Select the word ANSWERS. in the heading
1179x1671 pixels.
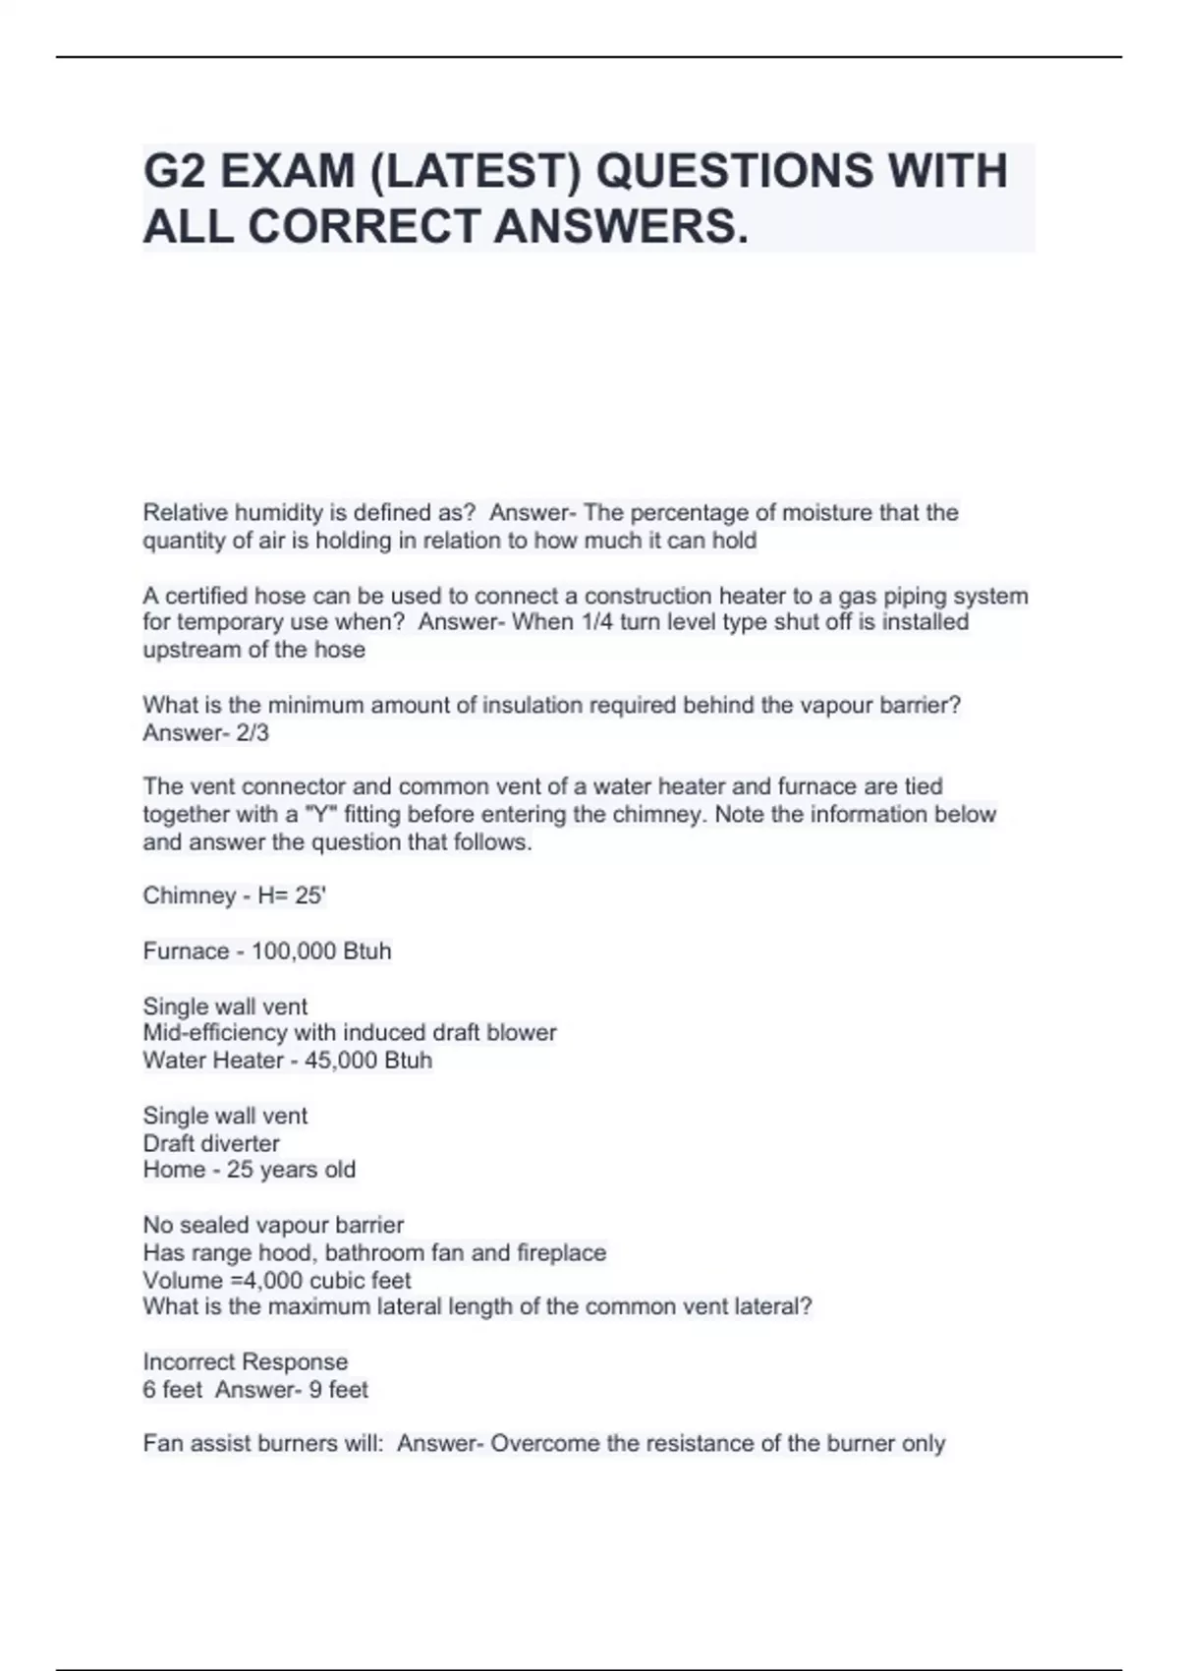[620, 227]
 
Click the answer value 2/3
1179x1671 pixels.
[253, 733]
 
